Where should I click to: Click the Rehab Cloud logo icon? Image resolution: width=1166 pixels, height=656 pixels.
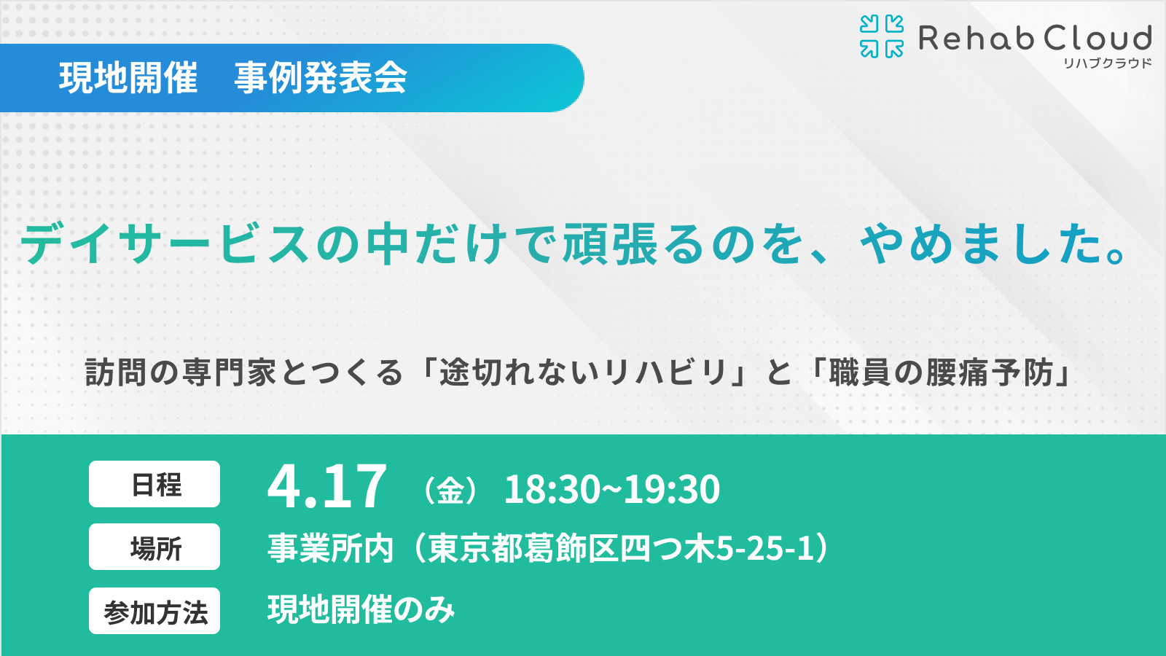[x=881, y=36]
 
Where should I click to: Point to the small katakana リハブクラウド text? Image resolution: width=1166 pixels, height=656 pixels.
[x=1107, y=63]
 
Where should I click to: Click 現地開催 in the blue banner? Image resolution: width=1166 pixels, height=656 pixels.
[x=128, y=78]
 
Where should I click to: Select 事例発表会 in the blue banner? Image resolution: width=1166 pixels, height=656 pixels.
[x=321, y=78]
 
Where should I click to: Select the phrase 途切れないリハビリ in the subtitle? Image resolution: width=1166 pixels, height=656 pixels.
[x=583, y=372]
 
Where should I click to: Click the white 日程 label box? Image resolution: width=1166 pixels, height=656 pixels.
[x=154, y=484]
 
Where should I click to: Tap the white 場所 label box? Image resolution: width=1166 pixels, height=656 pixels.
[x=154, y=547]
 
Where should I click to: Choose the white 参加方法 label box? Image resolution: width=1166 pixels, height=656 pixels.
[x=154, y=611]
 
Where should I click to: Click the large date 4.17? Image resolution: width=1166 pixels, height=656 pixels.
[x=326, y=486]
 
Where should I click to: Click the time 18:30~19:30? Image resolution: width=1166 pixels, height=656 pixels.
[x=611, y=489]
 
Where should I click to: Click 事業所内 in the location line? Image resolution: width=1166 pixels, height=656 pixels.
[x=331, y=548]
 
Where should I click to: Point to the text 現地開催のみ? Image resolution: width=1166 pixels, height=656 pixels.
[x=361, y=609]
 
